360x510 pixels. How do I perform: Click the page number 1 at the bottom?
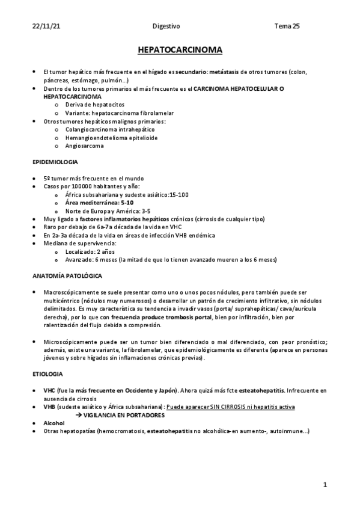pos(325,485)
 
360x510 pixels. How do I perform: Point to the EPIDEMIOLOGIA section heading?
pos(55,163)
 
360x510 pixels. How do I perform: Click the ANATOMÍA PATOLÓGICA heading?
pos(67,275)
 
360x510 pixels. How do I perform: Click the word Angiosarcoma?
pos(84,146)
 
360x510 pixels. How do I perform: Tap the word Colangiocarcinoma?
pos(90,129)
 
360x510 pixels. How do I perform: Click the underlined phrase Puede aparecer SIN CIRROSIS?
pos(206,407)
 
